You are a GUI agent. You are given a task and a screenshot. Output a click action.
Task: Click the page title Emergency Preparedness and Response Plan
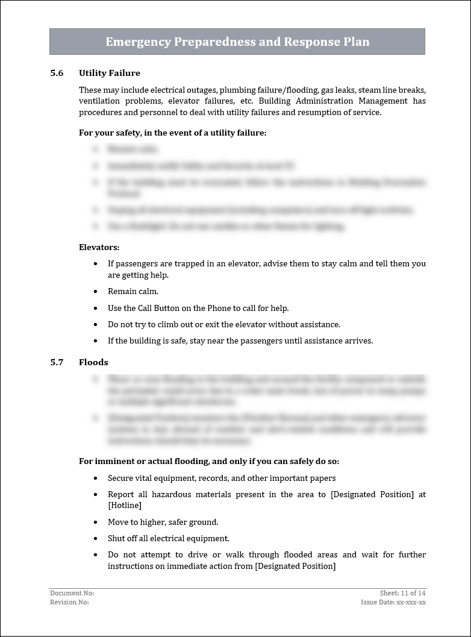pos(237,42)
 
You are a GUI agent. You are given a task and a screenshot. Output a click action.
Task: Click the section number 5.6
pos(57,73)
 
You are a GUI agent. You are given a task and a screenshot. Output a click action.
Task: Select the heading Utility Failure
pos(109,73)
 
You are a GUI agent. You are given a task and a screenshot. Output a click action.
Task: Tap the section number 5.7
pos(57,362)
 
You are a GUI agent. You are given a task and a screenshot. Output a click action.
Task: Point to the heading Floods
pos(93,362)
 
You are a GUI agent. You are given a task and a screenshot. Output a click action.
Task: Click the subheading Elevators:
pos(99,247)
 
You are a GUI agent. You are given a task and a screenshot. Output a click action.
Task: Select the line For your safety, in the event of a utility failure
pos(172,133)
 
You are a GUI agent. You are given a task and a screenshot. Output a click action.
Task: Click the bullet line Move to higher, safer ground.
pos(163,522)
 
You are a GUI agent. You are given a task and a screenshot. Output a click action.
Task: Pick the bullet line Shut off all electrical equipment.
pos(168,538)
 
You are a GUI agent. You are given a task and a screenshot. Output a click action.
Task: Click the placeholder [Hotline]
pos(124,506)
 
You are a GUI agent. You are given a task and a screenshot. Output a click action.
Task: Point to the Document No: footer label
pos(72,594)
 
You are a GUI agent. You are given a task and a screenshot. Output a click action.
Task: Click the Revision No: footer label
pos(69,602)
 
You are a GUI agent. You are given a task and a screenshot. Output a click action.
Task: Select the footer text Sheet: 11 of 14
pos(402,594)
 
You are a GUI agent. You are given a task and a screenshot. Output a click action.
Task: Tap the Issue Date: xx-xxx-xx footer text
pos(393,602)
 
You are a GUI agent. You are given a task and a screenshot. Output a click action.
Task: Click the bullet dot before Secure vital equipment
pos(96,479)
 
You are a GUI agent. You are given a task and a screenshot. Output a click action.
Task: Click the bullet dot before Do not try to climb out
pos(96,325)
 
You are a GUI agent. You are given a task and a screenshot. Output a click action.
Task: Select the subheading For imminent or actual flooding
pos(209,462)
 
